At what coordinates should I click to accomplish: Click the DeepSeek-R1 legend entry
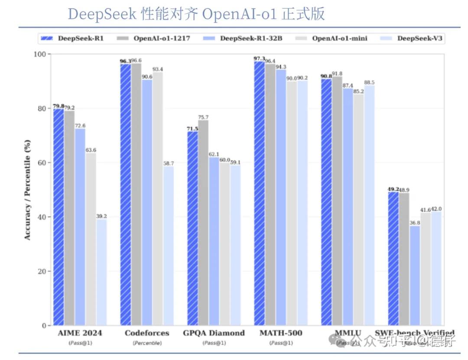74,38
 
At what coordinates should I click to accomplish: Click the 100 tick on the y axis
39,54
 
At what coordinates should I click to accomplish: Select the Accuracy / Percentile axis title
27,190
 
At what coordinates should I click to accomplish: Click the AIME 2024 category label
80,333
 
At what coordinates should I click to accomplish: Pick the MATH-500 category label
281,333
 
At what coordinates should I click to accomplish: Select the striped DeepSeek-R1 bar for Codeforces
125,195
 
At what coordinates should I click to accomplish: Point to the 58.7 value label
169,163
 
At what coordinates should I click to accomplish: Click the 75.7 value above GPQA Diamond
203,117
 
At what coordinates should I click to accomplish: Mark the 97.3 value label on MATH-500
259,58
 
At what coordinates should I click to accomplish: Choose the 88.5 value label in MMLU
369,82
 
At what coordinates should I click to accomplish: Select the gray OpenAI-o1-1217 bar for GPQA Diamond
203,223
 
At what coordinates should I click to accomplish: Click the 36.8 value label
415,222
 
